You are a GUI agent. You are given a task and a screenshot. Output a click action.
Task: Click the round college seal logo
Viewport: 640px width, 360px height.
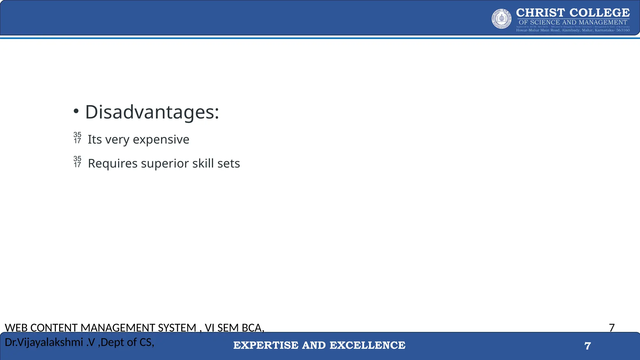tap(502, 19)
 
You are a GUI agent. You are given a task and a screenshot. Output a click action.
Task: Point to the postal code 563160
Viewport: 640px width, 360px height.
tap(623, 30)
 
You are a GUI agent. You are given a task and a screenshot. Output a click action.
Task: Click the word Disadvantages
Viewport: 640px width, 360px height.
tap(152, 112)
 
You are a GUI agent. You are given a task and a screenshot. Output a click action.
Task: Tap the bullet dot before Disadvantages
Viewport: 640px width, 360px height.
tap(76, 111)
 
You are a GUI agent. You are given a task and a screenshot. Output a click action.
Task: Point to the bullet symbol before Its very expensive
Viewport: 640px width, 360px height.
tap(77, 138)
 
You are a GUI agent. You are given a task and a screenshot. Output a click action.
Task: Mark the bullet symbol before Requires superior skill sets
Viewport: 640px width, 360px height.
tap(77, 162)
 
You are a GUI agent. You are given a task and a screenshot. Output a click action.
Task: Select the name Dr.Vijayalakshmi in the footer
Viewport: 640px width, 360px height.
tap(44, 342)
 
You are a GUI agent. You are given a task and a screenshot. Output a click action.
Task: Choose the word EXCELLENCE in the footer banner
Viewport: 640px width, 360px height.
tap(367, 345)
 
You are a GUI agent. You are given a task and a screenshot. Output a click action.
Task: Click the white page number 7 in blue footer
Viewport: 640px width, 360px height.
tap(587, 346)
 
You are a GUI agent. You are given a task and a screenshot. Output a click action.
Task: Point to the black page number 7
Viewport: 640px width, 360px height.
tap(612, 327)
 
